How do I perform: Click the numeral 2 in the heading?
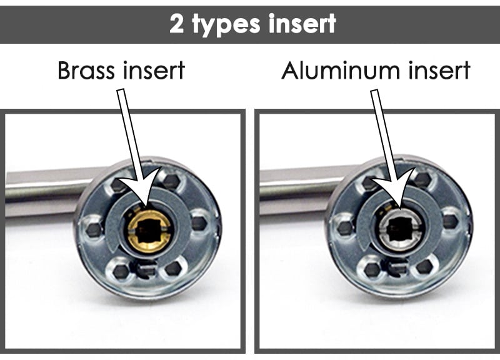(x=176, y=23)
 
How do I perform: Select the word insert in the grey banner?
(x=302, y=23)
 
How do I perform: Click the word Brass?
(x=86, y=70)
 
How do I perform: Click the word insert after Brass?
(x=154, y=71)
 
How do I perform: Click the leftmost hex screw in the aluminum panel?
(x=346, y=227)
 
